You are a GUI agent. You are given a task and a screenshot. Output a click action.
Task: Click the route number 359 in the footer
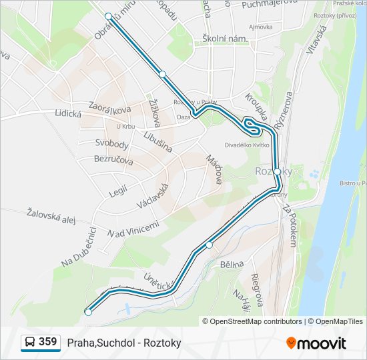[47, 342]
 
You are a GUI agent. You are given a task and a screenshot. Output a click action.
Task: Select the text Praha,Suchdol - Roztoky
[124, 343]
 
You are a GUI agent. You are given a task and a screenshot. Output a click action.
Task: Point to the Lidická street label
[67, 114]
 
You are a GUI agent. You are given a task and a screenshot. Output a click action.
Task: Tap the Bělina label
[232, 265]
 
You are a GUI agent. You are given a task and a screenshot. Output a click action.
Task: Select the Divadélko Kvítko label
[246, 144]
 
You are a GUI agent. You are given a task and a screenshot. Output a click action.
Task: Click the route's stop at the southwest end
[88, 312]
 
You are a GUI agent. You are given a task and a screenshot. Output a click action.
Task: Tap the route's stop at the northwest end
[109, 15]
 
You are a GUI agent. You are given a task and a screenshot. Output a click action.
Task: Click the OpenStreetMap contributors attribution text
[252, 321]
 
